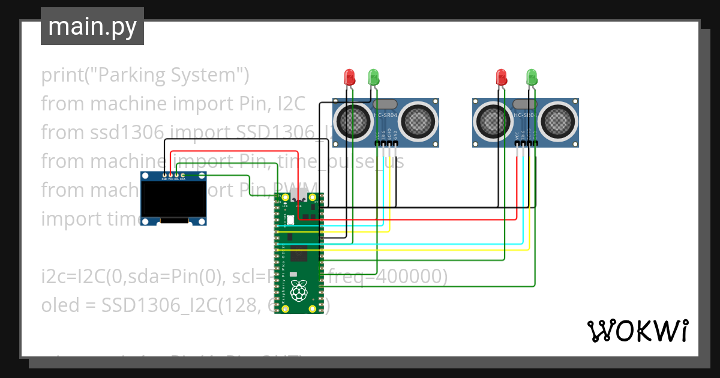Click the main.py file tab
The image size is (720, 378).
click(92, 26)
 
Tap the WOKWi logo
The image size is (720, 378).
click(637, 331)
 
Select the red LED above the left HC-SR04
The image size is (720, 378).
click(349, 77)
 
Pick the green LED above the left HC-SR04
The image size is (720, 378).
click(373, 77)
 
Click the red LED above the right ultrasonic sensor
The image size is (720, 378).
click(502, 77)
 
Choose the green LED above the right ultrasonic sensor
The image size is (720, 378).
click(531, 77)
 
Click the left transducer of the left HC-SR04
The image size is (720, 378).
click(353, 122)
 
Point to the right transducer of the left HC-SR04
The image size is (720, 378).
click(419, 122)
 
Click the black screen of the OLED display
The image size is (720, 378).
click(173, 200)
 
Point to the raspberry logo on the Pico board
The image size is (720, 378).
click(298, 292)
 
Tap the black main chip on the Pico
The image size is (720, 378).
click(299, 252)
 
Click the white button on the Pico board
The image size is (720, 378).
click(290, 220)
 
